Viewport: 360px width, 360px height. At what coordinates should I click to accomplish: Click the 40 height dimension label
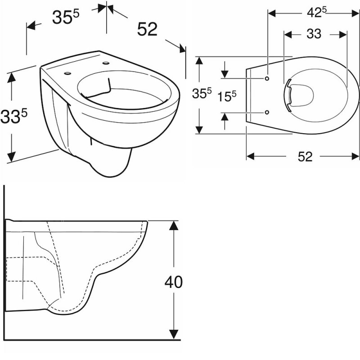click(x=173, y=282)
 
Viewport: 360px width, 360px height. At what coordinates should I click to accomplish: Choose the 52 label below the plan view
click(x=304, y=156)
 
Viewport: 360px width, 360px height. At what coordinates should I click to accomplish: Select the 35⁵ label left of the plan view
click(x=202, y=94)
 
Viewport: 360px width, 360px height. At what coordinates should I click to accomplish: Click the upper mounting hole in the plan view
click(x=267, y=78)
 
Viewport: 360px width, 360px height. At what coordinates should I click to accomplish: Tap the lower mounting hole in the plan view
click(x=267, y=112)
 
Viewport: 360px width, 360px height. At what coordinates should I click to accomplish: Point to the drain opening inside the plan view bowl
click(x=299, y=94)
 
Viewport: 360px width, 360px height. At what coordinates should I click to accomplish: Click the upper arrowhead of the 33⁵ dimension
click(x=12, y=77)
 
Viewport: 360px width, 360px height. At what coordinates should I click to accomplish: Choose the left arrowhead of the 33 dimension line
click(x=288, y=34)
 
